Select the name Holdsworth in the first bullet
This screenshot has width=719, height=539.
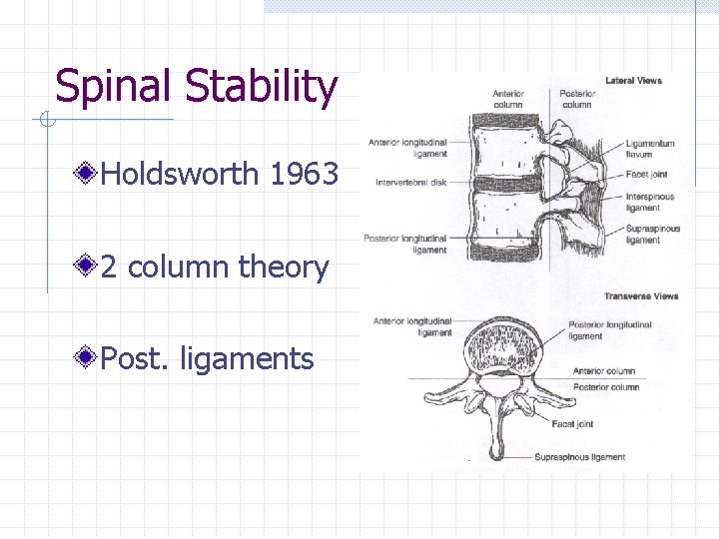181,176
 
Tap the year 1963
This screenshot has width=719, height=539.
304,176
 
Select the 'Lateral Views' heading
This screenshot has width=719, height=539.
633,80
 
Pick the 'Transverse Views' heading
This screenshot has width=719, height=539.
640,296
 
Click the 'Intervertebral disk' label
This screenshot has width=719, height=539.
411,183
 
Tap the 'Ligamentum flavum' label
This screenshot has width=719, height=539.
650,149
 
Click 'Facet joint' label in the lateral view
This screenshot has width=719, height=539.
647,174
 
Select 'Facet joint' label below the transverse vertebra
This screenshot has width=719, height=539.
571,424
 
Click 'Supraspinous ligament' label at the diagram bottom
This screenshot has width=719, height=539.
579,457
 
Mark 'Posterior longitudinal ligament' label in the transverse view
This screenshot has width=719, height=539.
609,330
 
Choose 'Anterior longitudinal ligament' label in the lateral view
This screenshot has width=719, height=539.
407,148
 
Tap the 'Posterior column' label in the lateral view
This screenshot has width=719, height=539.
576,99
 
